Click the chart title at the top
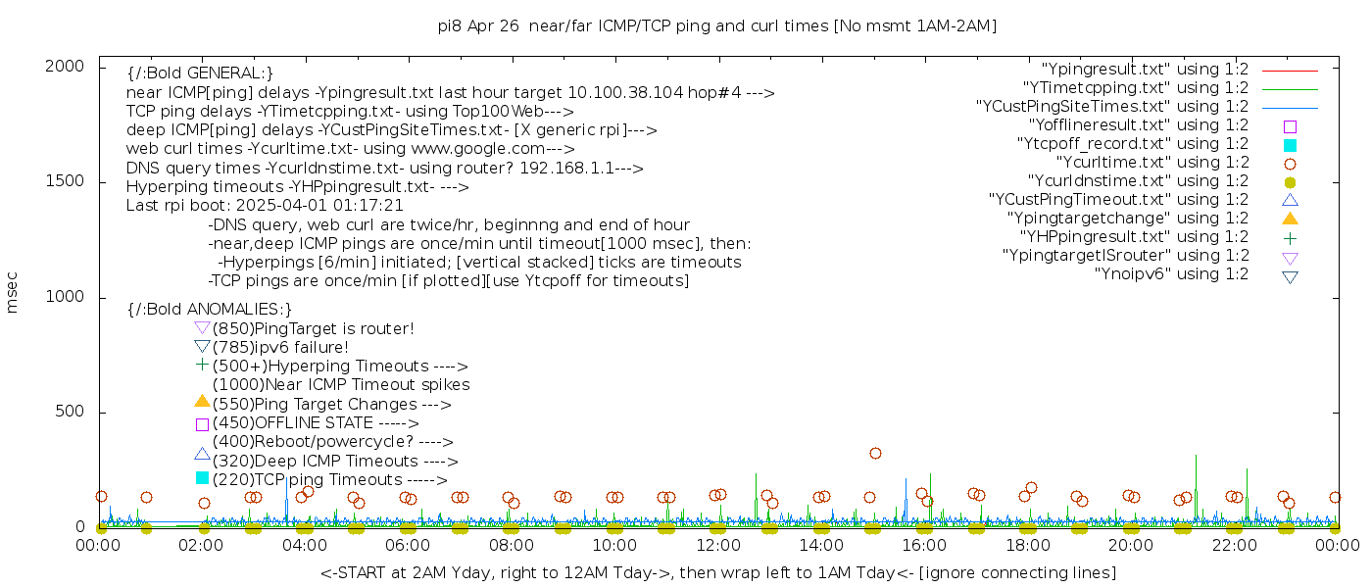pyautogui.click(x=716, y=26)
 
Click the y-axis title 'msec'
pyautogui.click(x=13, y=293)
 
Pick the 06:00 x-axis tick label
pyautogui.click(x=408, y=546)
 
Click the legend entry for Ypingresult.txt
pyautogui.click(x=1145, y=70)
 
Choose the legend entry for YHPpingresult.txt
pyautogui.click(x=1134, y=237)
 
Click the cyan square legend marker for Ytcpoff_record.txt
pyautogui.click(x=1290, y=145)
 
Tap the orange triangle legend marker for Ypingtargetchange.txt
pyautogui.click(x=1290, y=219)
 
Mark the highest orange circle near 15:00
pyautogui.click(x=875, y=453)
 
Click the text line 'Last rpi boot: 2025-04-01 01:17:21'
pyautogui.click(x=265, y=206)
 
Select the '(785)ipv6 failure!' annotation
pyautogui.click(x=280, y=348)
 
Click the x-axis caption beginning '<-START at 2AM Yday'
pyautogui.click(x=717, y=572)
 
